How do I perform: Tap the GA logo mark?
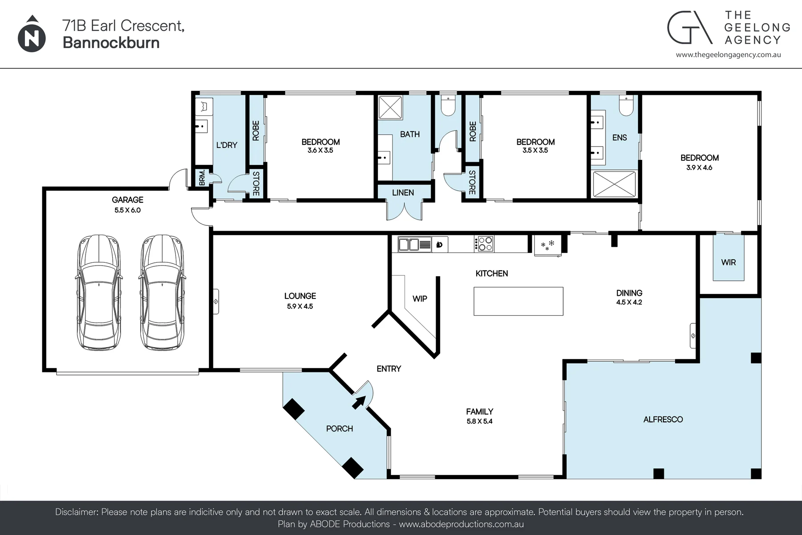coord(689,28)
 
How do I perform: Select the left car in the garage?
coord(98,292)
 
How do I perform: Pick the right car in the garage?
coord(162,292)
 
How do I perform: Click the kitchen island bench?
coord(518,301)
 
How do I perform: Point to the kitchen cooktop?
coord(484,244)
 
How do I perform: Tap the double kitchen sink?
coord(415,244)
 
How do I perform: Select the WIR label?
coord(728,262)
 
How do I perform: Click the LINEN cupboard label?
coord(403,193)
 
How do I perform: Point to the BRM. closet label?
coord(202,177)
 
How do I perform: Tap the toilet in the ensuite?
coord(626,106)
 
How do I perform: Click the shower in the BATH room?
coord(391,107)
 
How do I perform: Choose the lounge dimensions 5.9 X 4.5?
coord(300,306)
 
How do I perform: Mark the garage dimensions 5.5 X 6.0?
coord(127,210)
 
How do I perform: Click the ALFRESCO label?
coord(663,419)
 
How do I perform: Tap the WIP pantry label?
coord(420,298)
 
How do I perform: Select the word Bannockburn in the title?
coord(111,43)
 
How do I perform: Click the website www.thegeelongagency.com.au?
coord(728,55)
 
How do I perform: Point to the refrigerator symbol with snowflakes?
coord(548,245)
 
